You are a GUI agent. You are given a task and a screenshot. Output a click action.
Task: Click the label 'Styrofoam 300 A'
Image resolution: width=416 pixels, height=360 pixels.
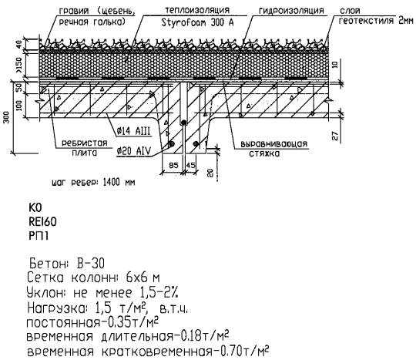click(x=198, y=22)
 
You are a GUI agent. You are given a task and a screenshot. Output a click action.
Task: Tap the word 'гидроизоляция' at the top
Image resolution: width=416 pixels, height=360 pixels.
click(x=291, y=11)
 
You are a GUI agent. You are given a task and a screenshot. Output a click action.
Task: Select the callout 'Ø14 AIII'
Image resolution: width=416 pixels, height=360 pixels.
click(x=134, y=131)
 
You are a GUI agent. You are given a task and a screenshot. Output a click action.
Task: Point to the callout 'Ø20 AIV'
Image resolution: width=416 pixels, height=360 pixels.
click(x=134, y=151)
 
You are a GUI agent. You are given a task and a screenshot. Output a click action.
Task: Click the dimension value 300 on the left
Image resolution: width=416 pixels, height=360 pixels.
click(x=7, y=117)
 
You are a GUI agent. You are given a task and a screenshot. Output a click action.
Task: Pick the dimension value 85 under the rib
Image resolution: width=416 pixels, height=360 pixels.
click(x=174, y=165)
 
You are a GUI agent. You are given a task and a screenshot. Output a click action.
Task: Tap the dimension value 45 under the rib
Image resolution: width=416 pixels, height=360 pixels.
click(x=191, y=165)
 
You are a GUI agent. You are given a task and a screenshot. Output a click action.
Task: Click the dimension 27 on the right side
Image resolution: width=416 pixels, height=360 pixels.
click(x=336, y=136)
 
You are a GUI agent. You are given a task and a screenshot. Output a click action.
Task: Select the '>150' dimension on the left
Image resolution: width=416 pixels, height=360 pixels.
click(x=19, y=66)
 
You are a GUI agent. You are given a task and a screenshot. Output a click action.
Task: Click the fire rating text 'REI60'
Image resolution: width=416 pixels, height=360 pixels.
click(x=42, y=222)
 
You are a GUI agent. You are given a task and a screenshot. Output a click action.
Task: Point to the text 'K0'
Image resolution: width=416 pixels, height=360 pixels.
click(x=35, y=207)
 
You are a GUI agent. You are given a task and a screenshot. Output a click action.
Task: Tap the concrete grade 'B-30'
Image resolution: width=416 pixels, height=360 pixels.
click(x=90, y=264)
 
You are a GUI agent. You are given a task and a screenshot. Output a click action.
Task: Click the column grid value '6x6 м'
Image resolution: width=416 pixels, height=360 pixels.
click(x=143, y=278)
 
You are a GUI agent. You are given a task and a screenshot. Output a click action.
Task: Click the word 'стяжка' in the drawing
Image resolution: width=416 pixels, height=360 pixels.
click(x=264, y=153)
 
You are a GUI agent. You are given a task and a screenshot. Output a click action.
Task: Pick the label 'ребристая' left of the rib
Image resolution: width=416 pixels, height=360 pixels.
click(x=85, y=143)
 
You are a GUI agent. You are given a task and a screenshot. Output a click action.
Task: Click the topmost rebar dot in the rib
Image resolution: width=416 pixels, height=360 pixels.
click(x=183, y=123)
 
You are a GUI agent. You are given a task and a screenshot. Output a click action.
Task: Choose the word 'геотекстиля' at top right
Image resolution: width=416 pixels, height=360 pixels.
click(x=367, y=21)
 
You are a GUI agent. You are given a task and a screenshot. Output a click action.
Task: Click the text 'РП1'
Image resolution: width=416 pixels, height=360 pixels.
click(x=39, y=236)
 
